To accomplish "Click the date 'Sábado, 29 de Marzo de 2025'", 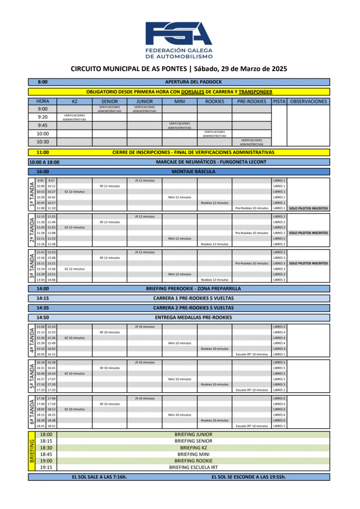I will coord(241,69).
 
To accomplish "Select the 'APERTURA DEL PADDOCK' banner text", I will coord(193,82).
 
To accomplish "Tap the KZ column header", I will coord(75,101).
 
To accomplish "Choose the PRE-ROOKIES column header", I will coord(252,101).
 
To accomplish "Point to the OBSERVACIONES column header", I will coord(309,101).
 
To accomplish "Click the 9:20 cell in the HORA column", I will coord(43,117).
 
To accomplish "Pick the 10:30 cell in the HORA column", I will coord(43,142).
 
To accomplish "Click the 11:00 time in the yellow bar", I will coord(43,152).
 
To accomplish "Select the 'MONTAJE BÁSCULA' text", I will coord(193,171).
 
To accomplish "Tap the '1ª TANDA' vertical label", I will coord(32,194).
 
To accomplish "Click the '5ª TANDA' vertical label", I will coord(32,376).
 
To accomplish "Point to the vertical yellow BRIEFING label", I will coord(32,451).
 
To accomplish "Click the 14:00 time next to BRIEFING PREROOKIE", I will coord(43,288).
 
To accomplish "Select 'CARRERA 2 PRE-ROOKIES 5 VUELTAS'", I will coord(193,308).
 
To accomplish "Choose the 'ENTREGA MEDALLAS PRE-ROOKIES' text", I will coord(193,317).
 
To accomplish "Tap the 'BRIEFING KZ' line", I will coord(193,448).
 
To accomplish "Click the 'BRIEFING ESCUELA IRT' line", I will coord(193,467).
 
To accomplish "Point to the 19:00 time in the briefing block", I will coord(46,461).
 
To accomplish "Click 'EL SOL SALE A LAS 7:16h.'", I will coord(99,477).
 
